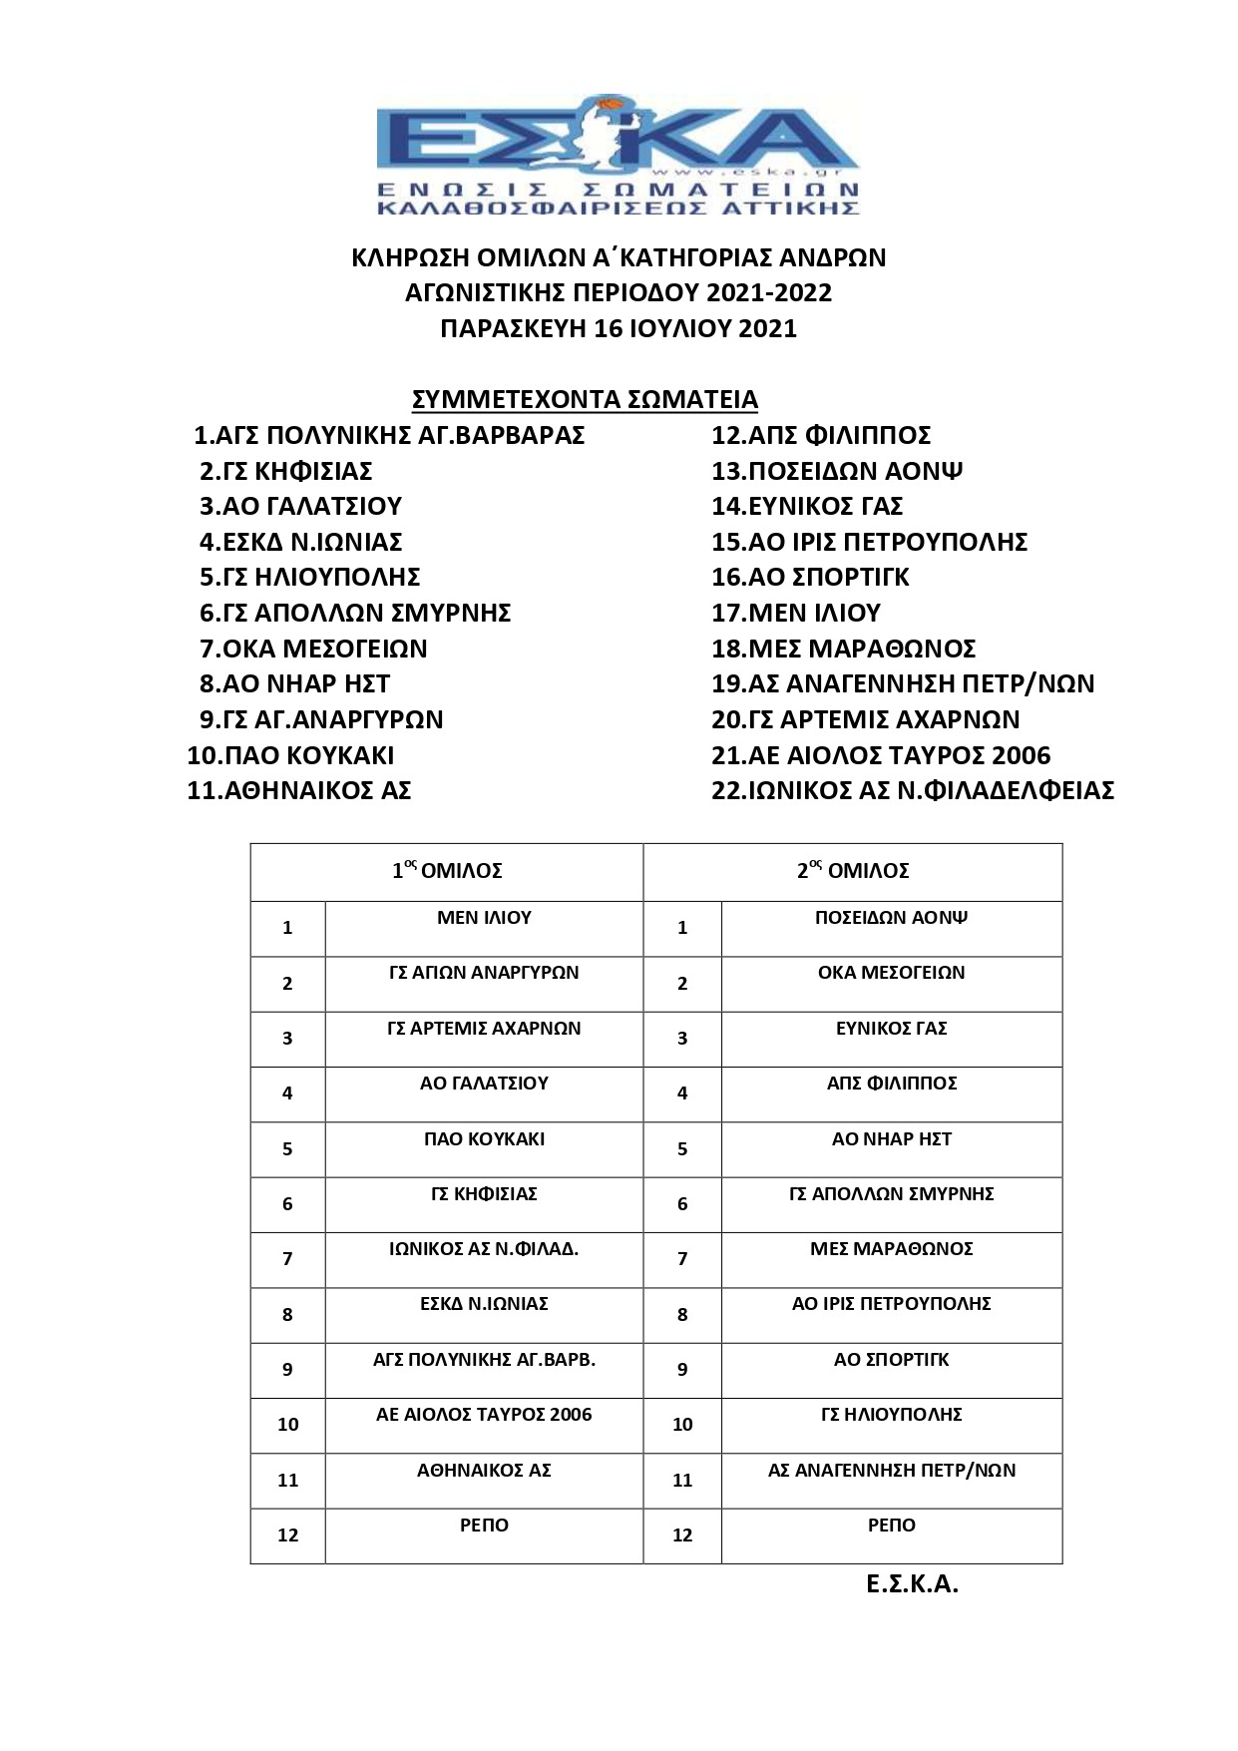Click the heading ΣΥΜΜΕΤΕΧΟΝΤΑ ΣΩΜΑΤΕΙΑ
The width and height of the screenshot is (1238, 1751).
point(585,400)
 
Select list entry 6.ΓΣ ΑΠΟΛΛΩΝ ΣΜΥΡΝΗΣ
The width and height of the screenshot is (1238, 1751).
point(355,613)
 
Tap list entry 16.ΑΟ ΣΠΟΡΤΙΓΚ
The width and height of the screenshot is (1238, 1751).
point(810,577)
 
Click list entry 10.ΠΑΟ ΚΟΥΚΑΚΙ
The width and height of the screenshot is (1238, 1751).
point(290,755)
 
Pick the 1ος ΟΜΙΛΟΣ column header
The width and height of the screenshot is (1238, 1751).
point(447,871)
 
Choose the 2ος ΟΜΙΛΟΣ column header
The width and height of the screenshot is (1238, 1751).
point(853,871)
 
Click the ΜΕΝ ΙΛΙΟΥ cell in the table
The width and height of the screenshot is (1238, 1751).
point(484,918)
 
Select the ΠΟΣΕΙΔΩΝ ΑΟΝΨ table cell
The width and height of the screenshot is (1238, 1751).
point(891,918)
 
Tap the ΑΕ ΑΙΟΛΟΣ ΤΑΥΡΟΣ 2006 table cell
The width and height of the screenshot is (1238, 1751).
point(484,1415)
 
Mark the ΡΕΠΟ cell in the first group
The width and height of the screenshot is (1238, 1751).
point(484,1526)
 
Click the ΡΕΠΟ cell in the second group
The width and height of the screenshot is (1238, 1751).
point(891,1526)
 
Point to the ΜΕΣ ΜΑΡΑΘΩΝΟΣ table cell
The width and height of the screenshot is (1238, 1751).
point(891,1249)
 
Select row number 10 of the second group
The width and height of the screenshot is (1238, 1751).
point(682,1425)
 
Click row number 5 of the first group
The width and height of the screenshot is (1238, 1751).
point(287,1149)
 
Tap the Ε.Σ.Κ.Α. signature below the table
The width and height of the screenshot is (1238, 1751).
point(912,1585)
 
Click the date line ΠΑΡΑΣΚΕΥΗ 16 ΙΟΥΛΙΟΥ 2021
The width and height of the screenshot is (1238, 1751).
point(619,329)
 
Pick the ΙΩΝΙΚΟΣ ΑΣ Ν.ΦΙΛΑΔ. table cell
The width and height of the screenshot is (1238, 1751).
point(484,1249)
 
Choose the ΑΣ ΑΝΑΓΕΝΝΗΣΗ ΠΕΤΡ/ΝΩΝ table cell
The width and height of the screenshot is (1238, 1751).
point(891,1471)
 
